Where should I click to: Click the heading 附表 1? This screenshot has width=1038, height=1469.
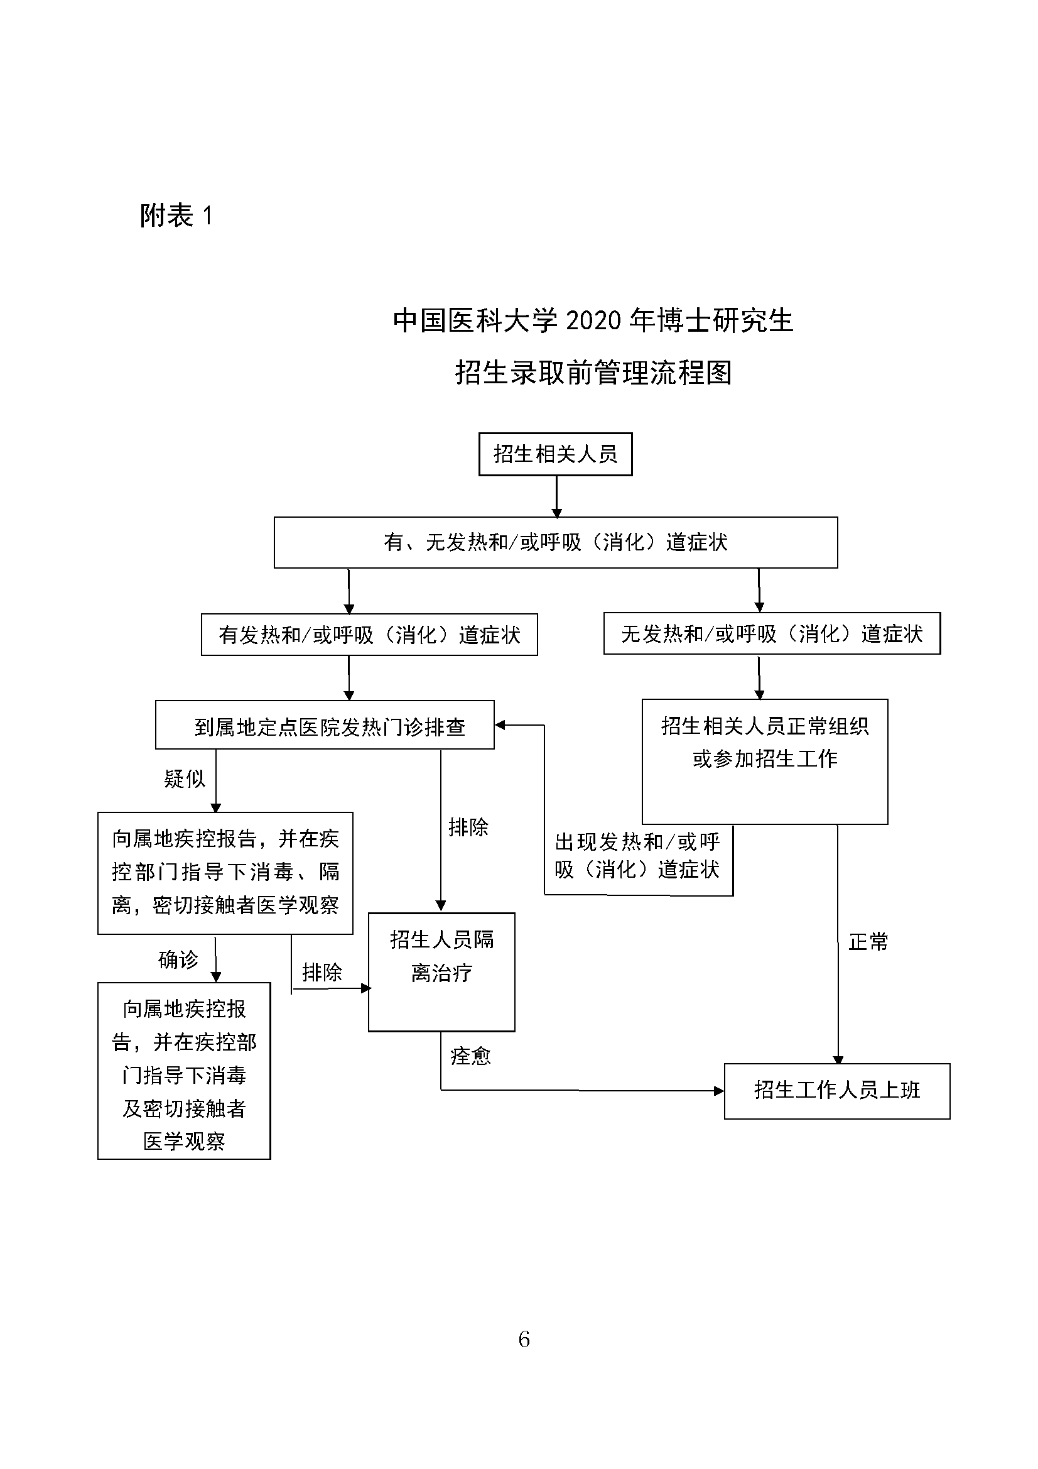click(x=176, y=216)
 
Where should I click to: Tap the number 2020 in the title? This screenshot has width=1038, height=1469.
click(x=593, y=320)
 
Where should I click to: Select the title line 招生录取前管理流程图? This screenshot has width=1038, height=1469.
click(x=593, y=373)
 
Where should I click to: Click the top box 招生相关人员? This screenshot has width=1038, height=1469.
click(x=555, y=454)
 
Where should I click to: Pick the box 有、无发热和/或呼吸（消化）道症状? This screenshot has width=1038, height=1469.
click(x=555, y=543)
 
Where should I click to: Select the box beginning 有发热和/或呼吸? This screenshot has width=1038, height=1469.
click(x=369, y=635)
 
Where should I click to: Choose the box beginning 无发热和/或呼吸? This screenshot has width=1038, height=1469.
click(x=771, y=634)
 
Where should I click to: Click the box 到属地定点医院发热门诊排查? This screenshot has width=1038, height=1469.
click(x=325, y=726)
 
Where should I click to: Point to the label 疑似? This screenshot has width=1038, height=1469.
click(x=185, y=778)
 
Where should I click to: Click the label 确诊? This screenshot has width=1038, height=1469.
click(x=178, y=959)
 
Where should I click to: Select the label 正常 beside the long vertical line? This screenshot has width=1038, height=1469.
click(x=868, y=942)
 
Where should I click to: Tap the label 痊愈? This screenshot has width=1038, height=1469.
click(x=470, y=1056)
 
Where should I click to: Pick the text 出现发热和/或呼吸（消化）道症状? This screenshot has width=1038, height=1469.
click(x=637, y=855)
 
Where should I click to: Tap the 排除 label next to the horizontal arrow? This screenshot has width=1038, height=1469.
click(x=322, y=973)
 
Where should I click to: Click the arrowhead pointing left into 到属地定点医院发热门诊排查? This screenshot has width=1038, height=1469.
click(x=500, y=725)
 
